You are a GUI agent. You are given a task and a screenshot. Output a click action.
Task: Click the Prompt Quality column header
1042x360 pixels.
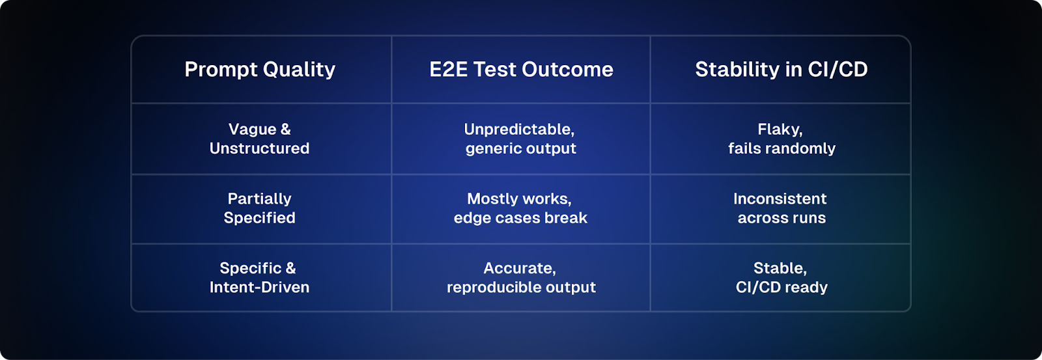(x=260, y=70)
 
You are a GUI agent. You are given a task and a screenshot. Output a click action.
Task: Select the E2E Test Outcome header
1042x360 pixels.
(x=521, y=70)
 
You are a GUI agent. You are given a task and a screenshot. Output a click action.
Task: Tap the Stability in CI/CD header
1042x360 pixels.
(x=781, y=70)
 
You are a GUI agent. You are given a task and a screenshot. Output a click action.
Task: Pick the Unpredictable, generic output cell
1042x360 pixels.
(x=520, y=139)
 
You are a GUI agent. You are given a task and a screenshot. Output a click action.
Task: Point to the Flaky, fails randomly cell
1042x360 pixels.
(x=781, y=139)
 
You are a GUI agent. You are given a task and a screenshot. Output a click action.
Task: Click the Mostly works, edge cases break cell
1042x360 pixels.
(x=520, y=208)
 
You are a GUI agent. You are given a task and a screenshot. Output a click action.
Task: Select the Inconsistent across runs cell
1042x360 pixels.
(x=781, y=208)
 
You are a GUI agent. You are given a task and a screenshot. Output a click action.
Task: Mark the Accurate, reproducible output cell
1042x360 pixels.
(x=521, y=278)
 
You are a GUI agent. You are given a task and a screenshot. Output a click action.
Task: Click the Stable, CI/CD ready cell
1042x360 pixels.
(x=781, y=278)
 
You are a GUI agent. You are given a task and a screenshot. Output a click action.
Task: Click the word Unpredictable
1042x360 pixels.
(x=518, y=130)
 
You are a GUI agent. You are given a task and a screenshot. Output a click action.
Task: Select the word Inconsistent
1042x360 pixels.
(x=780, y=199)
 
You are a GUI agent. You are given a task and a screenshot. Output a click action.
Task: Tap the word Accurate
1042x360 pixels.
(x=518, y=268)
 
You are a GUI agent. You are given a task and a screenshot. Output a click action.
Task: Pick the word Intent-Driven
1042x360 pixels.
(x=260, y=287)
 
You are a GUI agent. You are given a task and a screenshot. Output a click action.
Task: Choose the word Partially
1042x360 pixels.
(x=260, y=200)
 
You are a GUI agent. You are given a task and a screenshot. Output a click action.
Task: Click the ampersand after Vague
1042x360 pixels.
(x=286, y=130)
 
